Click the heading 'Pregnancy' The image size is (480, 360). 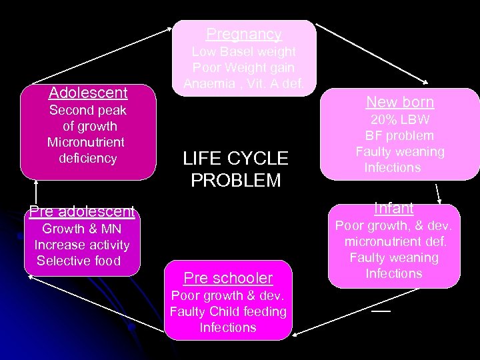click(x=243, y=34)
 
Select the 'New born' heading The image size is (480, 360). click(x=399, y=102)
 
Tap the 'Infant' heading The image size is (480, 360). click(x=393, y=209)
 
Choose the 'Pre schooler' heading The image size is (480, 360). click(x=228, y=277)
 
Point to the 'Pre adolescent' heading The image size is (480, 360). click(x=81, y=213)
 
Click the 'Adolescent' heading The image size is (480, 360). click(x=88, y=93)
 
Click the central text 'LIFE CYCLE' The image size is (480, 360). click(x=235, y=159)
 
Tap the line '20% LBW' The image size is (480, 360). click(x=400, y=120)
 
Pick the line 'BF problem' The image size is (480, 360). click(x=400, y=136)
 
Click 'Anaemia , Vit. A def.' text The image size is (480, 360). click(x=243, y=84)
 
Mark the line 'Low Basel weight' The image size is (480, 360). click(x=243, y=51)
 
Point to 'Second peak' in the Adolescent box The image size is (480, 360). click(x=88, y=110)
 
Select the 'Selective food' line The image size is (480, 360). click(x=79, y=261)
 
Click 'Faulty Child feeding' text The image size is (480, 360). click(x=228, y=311)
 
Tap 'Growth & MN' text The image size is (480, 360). click(x=81, y=229)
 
